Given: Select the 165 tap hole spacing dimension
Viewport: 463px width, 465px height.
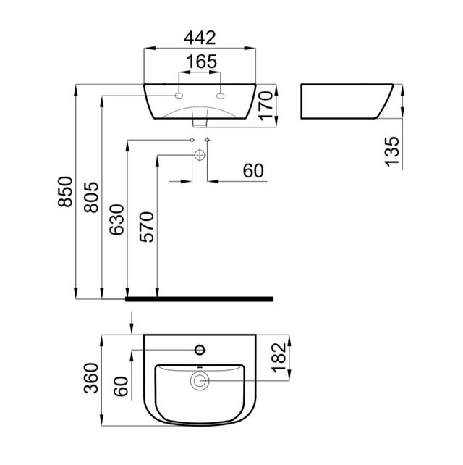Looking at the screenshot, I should (x=200, y=62).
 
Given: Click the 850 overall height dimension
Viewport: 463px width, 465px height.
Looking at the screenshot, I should (x=66, y=193).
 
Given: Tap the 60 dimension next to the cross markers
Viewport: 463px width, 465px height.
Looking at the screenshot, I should (x=252, y=171).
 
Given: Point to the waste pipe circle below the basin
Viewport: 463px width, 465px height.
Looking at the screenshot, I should (x=200, y=154).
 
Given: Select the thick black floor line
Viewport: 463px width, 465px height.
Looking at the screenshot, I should (x=199, y=298).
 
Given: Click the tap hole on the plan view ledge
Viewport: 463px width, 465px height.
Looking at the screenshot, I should (x=200, y=351).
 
